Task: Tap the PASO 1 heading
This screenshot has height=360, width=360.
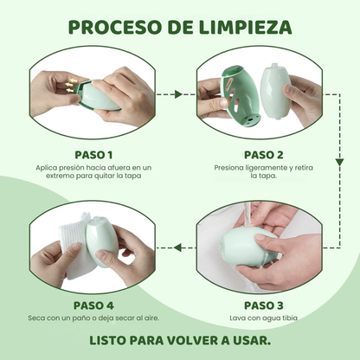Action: tap(93, 155)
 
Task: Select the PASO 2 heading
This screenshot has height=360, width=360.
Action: tap(266, 155)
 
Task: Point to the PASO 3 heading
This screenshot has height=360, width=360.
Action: tap(263, 305)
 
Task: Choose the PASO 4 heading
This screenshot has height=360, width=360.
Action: tap(93, 305)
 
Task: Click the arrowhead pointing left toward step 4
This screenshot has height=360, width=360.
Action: tap(177, 247)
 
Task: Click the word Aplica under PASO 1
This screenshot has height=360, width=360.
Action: tap(48, 167)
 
